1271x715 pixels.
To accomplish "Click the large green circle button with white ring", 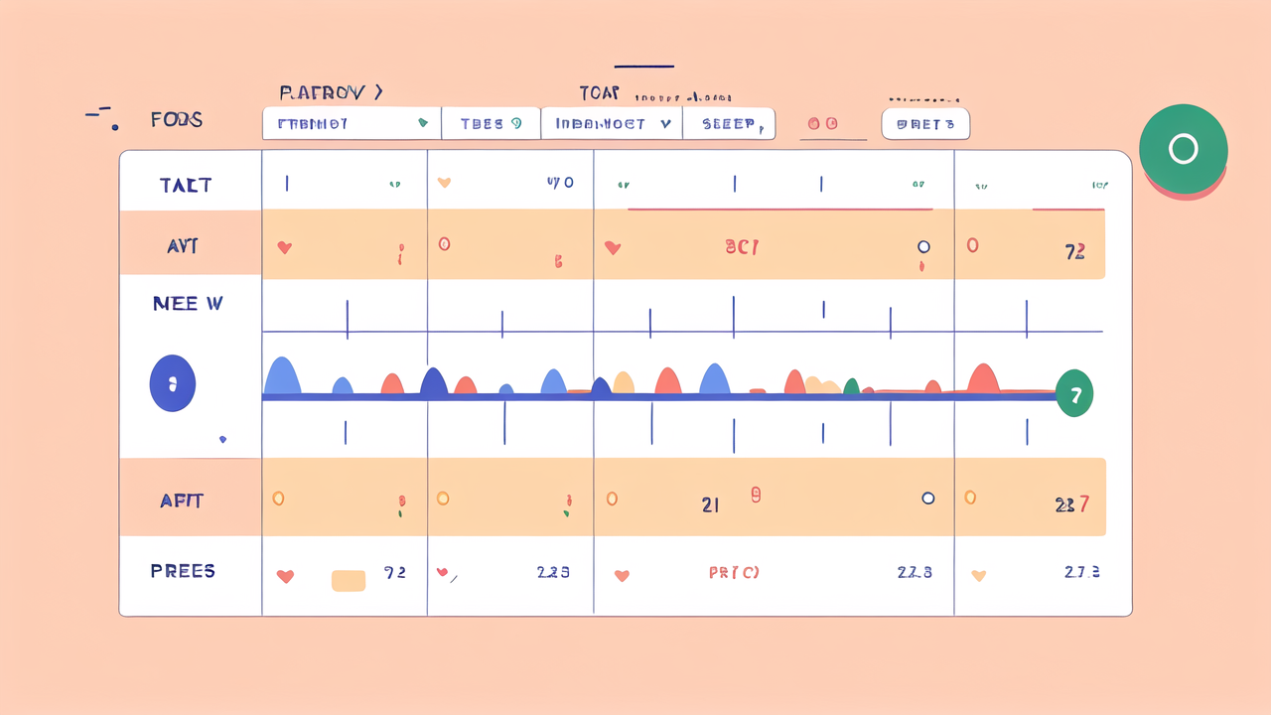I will coord(1183,149).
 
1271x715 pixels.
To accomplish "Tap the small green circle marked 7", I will coord(1073,394).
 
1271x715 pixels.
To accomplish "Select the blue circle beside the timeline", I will coord(172,383).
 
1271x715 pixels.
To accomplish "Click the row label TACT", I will coord(185,185).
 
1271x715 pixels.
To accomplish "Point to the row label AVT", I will coord(184,246).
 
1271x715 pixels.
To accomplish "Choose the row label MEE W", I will coord(188,304).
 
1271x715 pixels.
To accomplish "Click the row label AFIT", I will coord(182,500).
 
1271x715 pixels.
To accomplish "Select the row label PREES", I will coord(183,571).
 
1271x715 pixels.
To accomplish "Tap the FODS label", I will coord(177,120).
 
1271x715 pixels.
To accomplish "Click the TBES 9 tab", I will coord(491,124).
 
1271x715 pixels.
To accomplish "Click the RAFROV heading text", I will coord(330,93).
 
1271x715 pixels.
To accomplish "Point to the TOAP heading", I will coord(599,93).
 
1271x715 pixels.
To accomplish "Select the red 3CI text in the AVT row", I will coord(742,247).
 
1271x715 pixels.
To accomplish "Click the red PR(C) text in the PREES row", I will coord(734,573).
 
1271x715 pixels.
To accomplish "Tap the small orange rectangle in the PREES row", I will coord(348,580).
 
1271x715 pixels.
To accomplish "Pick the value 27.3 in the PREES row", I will coord(1081,572).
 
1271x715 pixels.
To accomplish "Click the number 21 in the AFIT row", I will coord(710,504).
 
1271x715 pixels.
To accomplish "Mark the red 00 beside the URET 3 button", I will coord(822,124).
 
